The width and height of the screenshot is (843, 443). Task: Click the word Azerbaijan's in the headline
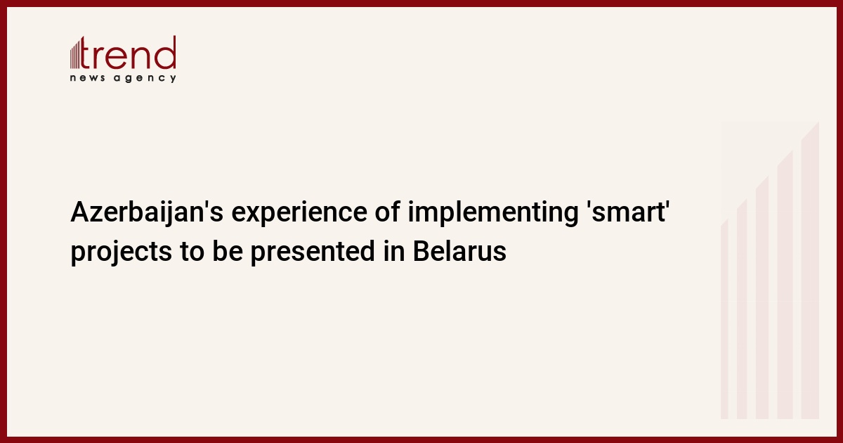point(147,213)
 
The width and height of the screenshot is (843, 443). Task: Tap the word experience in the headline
point(299,213)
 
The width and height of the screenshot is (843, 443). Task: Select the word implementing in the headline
point(493,213)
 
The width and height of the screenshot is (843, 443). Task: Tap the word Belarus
point(459,251)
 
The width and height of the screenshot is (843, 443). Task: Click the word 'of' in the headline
point(387,212)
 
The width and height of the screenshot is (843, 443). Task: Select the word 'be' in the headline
point(228,251)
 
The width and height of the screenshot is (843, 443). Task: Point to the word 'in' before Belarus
point(394,251)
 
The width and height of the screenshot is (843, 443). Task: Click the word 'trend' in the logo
point(128,53)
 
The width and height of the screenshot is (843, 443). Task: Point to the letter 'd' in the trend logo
point(165,53)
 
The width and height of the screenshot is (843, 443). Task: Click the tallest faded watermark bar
point(810,271)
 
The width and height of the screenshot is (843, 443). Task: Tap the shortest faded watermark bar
point(724,320)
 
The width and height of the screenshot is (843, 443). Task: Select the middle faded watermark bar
point(762,298)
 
